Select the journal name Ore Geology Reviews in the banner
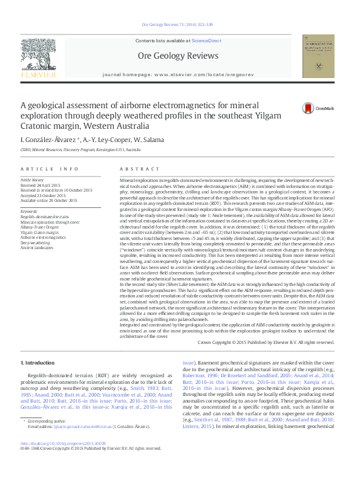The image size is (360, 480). pos(178,56)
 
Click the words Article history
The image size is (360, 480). pos(33,180)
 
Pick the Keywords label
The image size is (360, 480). pos(29,211)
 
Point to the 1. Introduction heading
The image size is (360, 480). pos(38,363)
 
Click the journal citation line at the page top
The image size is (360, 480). pos(177,24)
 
